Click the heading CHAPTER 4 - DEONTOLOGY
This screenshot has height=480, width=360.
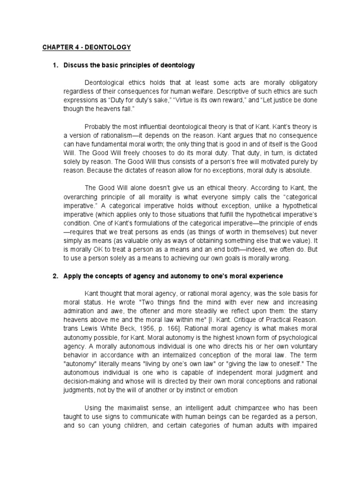point(87,47)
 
